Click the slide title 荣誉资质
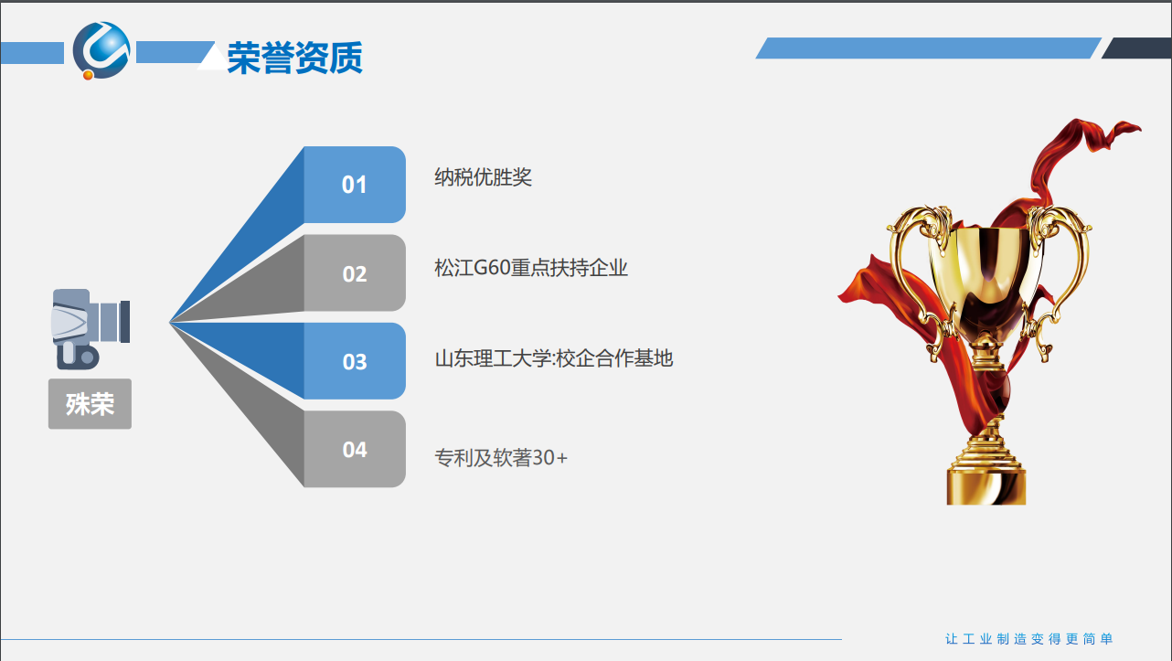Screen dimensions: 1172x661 294,58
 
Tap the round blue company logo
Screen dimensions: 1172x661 101,50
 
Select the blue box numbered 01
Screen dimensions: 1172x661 354,185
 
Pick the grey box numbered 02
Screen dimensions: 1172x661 354,272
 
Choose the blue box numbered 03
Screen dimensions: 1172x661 354,361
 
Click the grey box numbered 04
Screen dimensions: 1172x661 354,449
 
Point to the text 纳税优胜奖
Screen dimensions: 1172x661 483,176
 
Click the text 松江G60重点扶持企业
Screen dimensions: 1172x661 530,268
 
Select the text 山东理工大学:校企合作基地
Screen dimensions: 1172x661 554,358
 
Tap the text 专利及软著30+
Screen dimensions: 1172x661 501,457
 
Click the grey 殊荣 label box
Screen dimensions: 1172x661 90,403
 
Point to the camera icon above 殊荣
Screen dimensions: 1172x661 91,328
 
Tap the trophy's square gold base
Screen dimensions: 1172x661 986,486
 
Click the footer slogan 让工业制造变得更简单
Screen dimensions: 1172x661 1028,638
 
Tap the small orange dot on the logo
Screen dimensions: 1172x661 88,75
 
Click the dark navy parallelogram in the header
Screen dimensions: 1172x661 1136,48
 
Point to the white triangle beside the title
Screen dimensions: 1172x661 213,57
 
